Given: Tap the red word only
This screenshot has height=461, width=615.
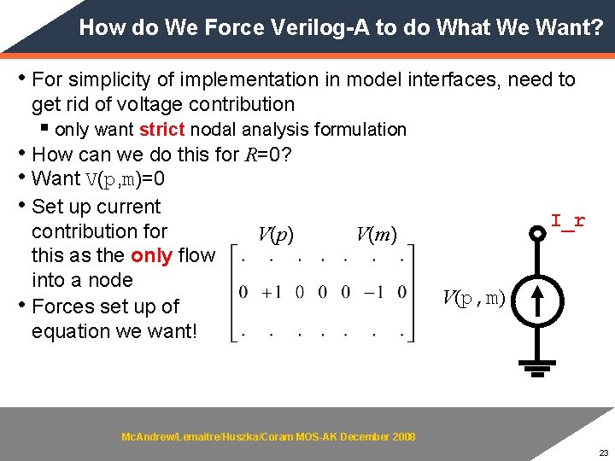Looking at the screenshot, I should (x=149, y=255).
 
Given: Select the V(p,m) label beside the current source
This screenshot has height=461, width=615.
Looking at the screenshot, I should (x=473, y=298).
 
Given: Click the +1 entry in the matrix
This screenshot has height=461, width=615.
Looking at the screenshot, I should (x=272, y=293).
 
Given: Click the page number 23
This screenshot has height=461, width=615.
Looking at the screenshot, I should (x=603, y=452).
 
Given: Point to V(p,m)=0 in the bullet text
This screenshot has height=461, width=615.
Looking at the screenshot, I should (x=126, y=180).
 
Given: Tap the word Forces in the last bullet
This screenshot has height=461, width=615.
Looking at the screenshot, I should (x=62, y=306).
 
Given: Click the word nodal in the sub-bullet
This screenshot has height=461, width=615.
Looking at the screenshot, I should (x=214, y=130).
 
